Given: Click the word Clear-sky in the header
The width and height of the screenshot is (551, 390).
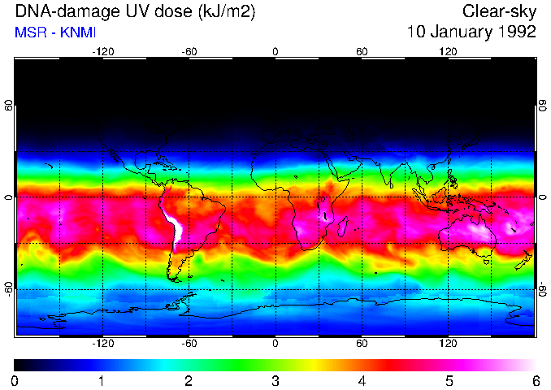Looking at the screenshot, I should (499, 11).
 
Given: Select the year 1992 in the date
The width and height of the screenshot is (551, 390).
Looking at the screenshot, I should (517, 32).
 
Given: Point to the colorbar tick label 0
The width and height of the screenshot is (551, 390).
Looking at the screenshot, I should (15, 380).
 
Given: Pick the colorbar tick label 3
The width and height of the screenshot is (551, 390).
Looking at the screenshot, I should (275, 380).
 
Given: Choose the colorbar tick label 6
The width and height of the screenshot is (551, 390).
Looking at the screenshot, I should (535, 380).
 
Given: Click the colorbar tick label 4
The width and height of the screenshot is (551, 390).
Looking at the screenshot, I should (362, 380).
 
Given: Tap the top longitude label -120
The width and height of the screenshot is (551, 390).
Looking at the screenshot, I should (102, 52).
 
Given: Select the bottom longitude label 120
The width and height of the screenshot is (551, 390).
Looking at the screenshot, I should (448, 343).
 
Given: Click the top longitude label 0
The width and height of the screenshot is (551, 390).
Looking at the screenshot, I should (275, 52).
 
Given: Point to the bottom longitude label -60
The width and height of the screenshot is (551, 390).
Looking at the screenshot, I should (189, 343).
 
